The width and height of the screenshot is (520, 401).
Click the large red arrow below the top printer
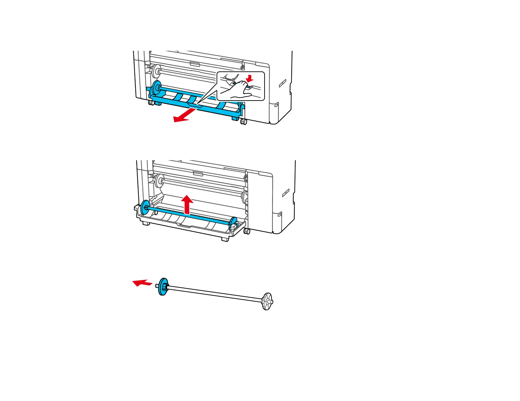point(184,116)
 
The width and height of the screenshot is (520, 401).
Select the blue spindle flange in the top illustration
point(157,88)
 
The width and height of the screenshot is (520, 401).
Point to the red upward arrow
point(187,204)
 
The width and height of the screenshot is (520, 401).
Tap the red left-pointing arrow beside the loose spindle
point(142,282)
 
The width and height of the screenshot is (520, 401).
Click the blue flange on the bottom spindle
point(163,287)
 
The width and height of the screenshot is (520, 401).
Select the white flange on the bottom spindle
point(268,301)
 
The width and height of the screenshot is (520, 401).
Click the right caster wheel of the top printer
point(243,122)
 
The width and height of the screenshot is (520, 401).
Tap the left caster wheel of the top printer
point(151,103)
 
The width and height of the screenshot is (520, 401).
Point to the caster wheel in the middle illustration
point(247,231)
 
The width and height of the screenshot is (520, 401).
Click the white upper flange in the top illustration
point(157,71)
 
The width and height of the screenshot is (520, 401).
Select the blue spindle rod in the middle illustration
point(189,215)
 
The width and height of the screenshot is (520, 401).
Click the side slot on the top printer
point(282,84)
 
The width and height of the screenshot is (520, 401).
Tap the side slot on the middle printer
point(285,193)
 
